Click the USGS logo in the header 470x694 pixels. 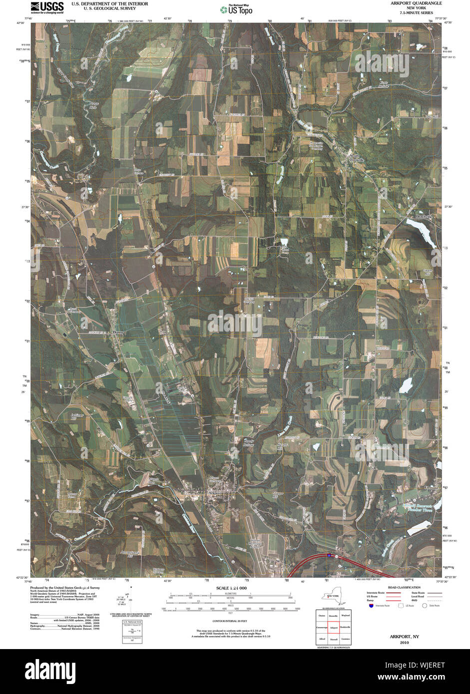point(47,7)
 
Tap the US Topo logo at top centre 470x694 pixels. point(237,9)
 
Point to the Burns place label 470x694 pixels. point(118,332)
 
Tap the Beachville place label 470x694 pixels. point(425,217)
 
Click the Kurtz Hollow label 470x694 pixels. point(383,83)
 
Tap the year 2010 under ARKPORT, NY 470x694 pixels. point(404,643)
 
